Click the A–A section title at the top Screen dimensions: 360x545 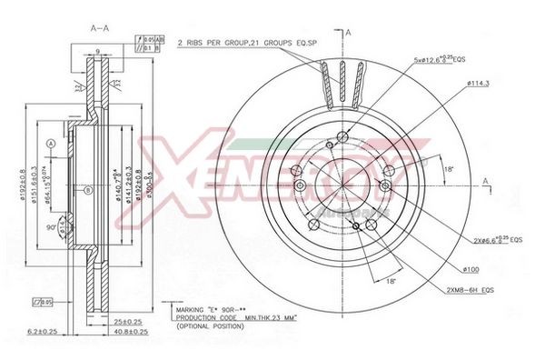tap(100, 28)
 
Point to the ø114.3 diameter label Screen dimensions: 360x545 tap(480, 84)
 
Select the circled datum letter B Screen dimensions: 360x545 tap(87, 190)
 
